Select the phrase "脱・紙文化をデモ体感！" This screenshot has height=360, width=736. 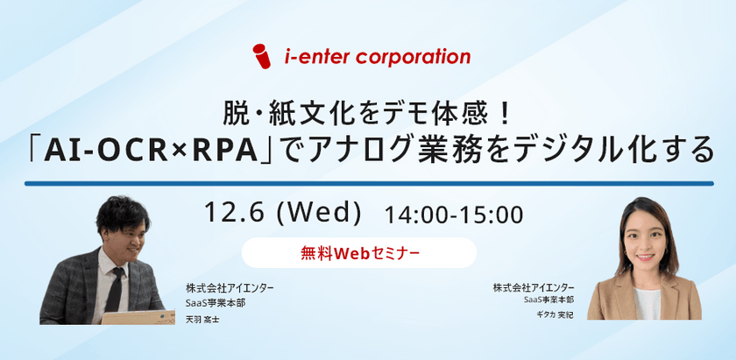click(366, 113)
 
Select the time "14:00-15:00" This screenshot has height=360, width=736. click(453, 213)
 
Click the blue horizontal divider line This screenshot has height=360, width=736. click(367, 183)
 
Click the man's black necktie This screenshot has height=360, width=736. click(115, 289)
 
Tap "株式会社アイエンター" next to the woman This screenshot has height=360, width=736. click(534, 287)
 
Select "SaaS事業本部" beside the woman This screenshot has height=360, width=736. click(549, 300)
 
